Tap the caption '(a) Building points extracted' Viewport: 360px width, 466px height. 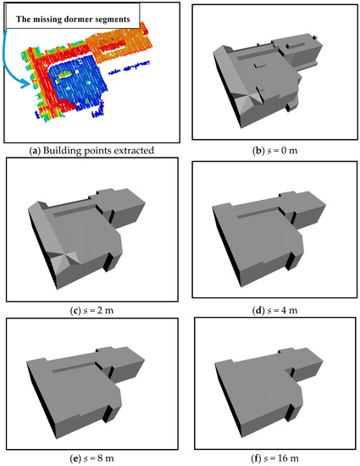(x=91, y=150)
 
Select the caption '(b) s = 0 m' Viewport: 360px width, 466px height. (x=274, y=150)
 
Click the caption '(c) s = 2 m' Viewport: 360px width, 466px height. (x=91, y=310)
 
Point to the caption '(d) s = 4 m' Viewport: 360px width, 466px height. (x=274, y=310)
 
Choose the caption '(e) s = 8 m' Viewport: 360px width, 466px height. (x=91, y=458)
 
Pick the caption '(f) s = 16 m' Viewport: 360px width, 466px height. (x=274, y=458)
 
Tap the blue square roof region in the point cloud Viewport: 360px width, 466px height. (x=78, y=80)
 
